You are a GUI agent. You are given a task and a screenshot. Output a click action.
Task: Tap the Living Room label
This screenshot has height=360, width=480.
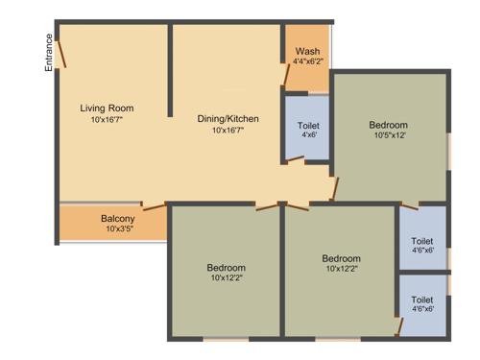pos(107,108)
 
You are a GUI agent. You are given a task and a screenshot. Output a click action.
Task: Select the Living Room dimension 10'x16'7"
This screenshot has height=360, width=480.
pos(107,120)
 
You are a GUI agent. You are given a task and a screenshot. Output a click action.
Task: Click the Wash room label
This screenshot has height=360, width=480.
pos(307,51)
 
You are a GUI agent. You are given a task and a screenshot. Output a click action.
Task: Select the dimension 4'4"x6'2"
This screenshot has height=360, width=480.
pos(307,61)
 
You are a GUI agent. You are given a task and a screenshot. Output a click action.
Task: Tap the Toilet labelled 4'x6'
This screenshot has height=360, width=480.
pos(309,126)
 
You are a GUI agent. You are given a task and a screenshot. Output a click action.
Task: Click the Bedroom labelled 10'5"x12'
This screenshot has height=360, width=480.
pos(388,125)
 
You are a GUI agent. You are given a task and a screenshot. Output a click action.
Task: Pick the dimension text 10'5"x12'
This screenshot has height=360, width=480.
pos(388,136)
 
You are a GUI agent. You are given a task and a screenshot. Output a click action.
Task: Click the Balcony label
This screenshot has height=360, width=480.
pos(117,218)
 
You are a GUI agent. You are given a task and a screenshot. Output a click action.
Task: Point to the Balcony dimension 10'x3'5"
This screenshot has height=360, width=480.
pos(117,229)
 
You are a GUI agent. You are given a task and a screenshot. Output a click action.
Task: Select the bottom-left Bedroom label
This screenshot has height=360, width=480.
pos(226,267)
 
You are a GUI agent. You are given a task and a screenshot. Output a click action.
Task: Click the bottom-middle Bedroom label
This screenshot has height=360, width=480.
pos(341,258)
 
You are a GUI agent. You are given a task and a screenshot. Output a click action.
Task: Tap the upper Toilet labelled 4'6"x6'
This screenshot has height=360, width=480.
pos(422,241)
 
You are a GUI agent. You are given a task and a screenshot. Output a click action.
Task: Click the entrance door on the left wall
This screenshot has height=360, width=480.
pos(60,54)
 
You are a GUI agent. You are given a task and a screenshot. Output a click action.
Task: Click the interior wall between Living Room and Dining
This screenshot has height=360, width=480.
pos(170,71)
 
